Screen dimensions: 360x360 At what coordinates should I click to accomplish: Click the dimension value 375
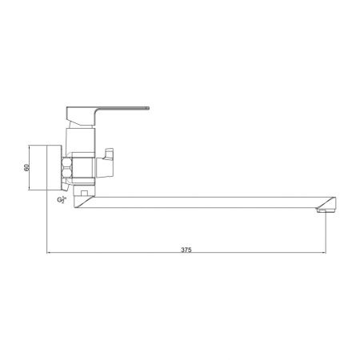(x=186, y=249)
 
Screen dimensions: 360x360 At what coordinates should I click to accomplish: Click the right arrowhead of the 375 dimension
(x=326, y=254)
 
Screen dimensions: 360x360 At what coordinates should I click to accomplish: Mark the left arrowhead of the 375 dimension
(x=50, y=254)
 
